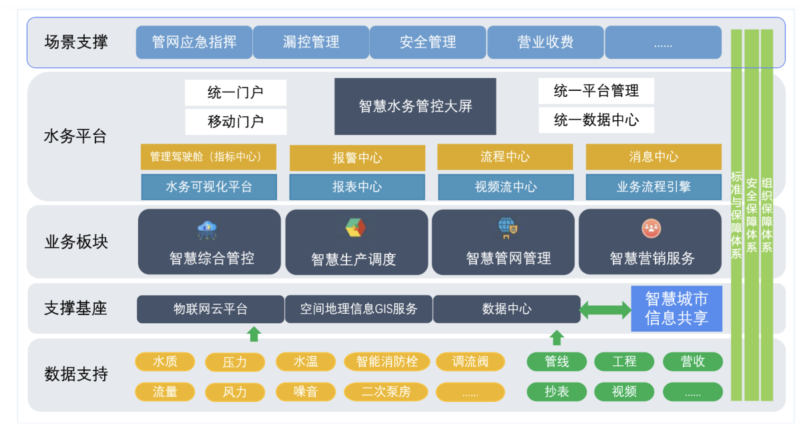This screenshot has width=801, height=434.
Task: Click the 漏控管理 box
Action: [x=311, y=42]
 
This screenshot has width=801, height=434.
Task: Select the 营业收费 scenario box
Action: [x=545, y=42]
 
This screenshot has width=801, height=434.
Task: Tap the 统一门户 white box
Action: [x=235, y=93]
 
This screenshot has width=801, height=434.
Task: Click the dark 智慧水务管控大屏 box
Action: [x=415, y=106]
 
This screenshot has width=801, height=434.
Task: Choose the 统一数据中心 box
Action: [x=596, y=120]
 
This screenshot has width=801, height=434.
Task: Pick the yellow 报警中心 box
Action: [x=357, y=158]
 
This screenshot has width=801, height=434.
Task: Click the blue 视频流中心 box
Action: [x=506, y=187]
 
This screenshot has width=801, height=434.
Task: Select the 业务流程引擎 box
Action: [x=653, y=187]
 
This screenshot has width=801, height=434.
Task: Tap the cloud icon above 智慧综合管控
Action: [x=207, y=230]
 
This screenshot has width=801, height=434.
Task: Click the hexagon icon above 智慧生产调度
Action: [x=355, y=228]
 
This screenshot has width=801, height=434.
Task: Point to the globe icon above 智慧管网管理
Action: [x=508, y=228]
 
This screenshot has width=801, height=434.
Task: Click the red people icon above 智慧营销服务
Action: [x=651, y=228]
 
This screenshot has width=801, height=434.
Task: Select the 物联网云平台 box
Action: [x=210, y=309]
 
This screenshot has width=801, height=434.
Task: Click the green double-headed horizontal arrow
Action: [x=605, y=310]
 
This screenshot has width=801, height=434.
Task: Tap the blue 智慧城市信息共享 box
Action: [x=677, y=308]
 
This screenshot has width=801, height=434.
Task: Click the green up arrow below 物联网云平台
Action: [x=254, y=334]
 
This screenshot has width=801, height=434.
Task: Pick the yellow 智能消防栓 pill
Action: [x=386, y=362]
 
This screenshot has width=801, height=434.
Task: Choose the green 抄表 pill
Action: [x=557, y=392]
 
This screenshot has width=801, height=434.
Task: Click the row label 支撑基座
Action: [x=75, y=308]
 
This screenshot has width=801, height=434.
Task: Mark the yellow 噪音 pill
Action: [x=306, y=392]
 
